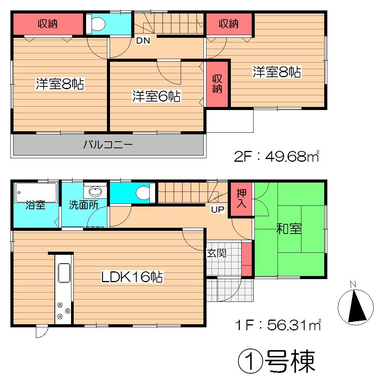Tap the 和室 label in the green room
[289, 229]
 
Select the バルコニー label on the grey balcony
[108, 145]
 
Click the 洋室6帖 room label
[156, 96]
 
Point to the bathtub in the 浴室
[36, 192]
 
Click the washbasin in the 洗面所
[95, 191]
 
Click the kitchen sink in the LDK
[64, 274]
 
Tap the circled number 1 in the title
[249, 361]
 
